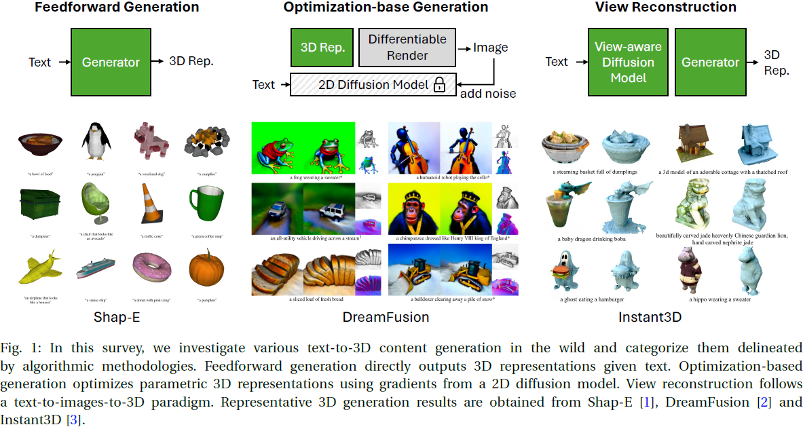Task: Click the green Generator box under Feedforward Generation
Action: click(111, 62)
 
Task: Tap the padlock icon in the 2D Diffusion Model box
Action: click(439, 85)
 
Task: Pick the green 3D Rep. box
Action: click(323, 48)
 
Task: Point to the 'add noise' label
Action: click(488, 93)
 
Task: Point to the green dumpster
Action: click(41, 204)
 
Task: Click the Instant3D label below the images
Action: click(650, 317)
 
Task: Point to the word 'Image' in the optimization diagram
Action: click(491, 48)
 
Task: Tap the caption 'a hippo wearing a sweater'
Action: click(720, 299)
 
